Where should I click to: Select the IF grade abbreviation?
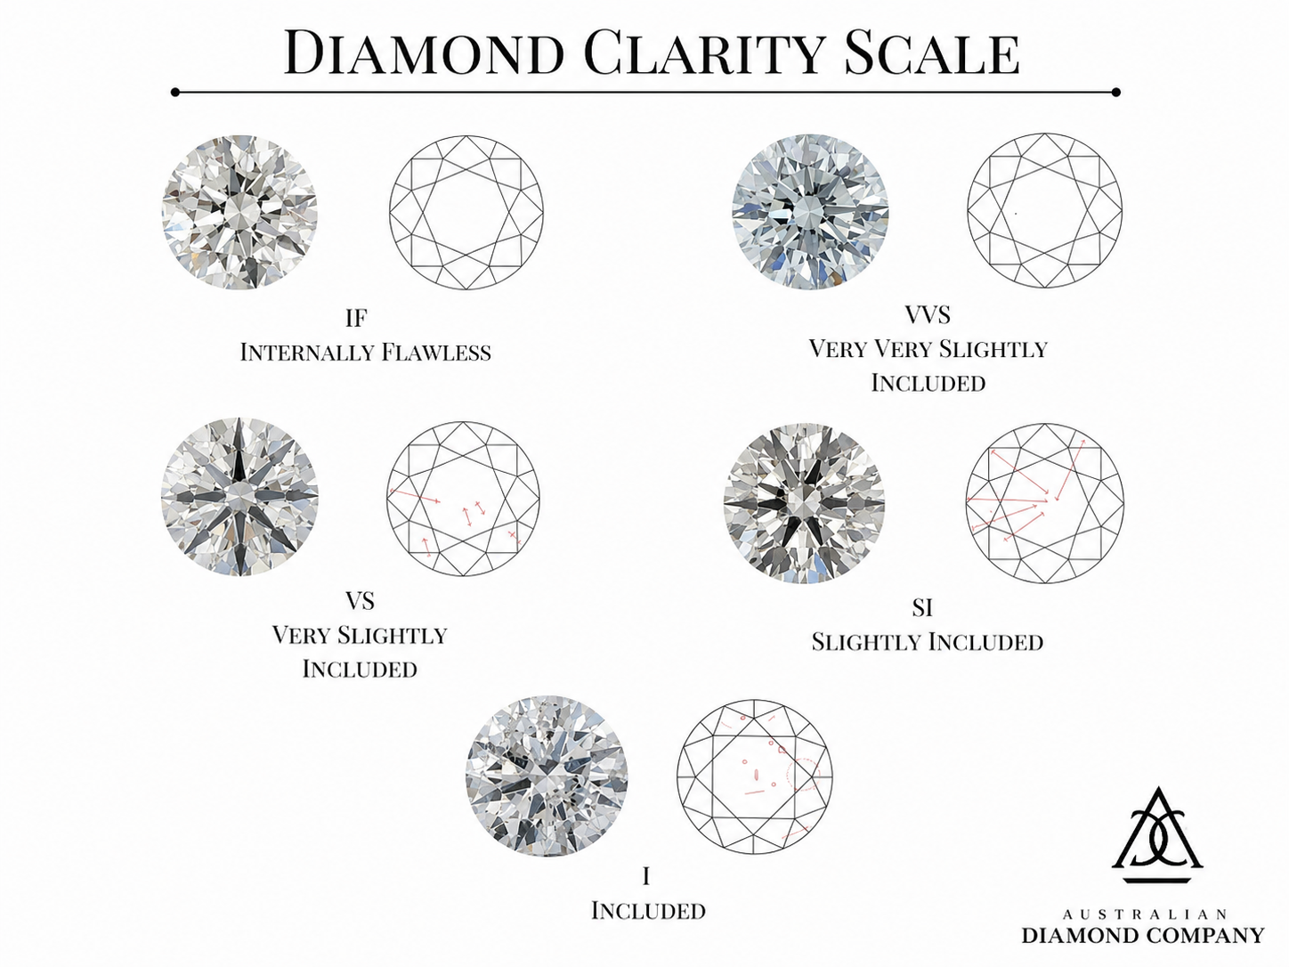pos(356,318)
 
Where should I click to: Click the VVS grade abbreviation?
pos(928,315)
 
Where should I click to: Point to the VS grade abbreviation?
pos(360,601)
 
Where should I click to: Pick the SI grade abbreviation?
pos(922,607)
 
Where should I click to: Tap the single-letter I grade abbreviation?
pos(646,876)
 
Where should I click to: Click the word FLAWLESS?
pos(436,353)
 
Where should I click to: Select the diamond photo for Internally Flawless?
pos(239,212)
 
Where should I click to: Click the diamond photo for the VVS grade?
pos(810,211)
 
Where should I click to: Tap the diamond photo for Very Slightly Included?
pos(239,496)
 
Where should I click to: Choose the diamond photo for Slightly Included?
pos(804,502)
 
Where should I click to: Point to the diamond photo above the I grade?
pos(547,776)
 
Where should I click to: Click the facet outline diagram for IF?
pos(466,213)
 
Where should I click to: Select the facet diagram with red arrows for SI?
pos(1045,502)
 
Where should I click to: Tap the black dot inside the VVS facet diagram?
pos(1017,213)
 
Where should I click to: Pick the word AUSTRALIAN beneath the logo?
pos(1145,914)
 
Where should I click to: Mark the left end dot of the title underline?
pos(175,93)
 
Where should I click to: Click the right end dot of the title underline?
pos(1116,93)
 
